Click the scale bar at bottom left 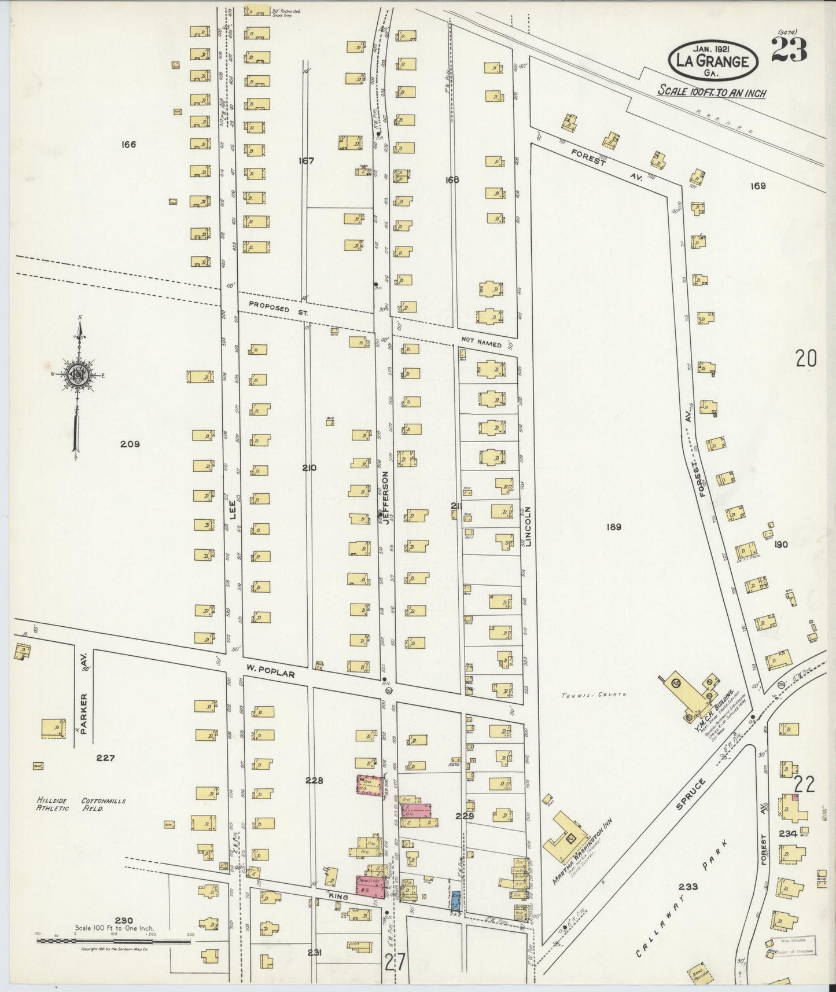tap(113, 941)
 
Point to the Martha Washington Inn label tap(582, 852)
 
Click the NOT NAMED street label tap(481, 343)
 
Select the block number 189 tap(614, 527)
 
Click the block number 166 tap(128, 144)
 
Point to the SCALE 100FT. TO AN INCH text tap(712, 92)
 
